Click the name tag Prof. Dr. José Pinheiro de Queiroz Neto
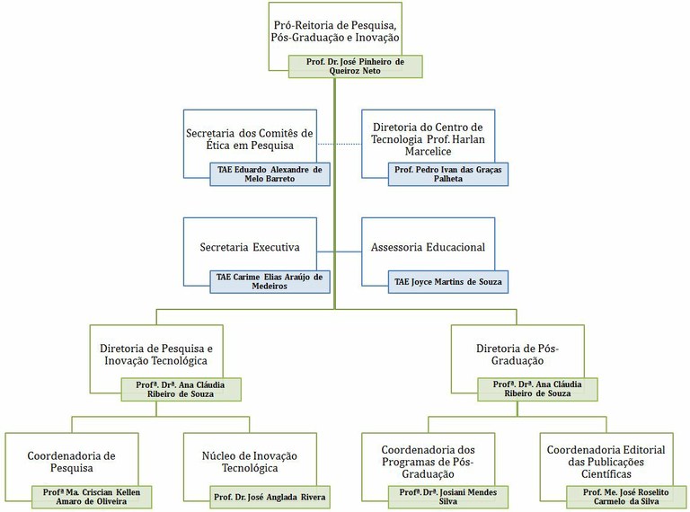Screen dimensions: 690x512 point(355,66)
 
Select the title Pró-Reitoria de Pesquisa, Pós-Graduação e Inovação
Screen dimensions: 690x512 point(335,31)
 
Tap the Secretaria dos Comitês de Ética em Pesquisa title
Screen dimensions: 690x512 point(250,139)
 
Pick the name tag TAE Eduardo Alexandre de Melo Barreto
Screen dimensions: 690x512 point(270,174)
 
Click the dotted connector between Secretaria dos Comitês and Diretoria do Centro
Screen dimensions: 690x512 point(340,144)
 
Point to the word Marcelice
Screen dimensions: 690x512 point(429,151)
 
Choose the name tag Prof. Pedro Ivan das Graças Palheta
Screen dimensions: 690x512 point(448,174)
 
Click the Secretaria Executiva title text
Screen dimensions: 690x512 point(250,247)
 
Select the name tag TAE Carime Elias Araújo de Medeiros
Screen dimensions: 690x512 point(270,281)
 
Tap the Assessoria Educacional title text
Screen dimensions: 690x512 point(428,247)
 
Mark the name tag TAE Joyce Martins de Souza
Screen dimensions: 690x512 point(448,281)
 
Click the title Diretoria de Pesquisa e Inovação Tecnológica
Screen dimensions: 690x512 point(156,355)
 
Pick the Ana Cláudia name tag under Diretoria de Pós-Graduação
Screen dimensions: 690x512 point(537,389)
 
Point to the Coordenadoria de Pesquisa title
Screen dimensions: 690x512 point(71,462)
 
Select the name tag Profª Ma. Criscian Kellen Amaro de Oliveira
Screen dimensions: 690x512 point(92,497)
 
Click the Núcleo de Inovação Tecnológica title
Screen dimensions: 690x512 point(250,462)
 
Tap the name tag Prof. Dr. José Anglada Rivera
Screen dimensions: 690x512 point(270,497)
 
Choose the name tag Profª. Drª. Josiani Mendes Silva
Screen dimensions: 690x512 point(448,497)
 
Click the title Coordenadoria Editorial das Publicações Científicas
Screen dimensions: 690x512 point(606,462)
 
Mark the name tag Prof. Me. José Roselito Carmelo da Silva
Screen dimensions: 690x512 point(626,497)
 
